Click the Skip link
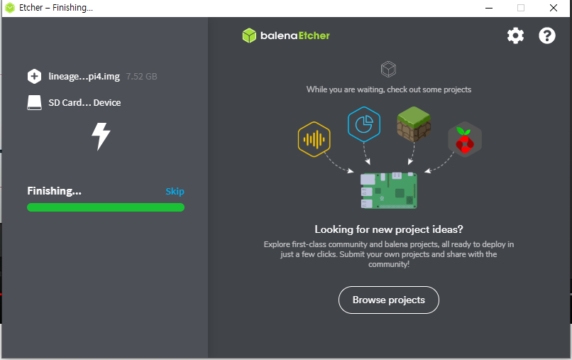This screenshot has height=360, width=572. click(175, 191)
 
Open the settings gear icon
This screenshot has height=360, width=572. click(515, 36)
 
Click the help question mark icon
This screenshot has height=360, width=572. click(547, 36)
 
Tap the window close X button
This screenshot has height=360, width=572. click(553, 8)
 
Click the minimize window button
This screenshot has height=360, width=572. click(489, 8)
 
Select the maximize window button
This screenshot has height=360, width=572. click(521, 8)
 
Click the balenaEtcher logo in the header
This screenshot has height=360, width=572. click(286, 36)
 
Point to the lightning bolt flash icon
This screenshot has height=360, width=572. click(101, 136)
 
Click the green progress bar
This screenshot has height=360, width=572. click(105, 207)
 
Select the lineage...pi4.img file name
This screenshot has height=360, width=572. click(84, 76)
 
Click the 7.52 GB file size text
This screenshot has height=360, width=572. click(141, 76)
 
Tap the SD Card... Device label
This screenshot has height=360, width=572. click(84, 103)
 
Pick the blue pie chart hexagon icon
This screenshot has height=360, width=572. click(364, 124)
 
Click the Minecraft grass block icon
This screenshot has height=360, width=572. click(414, 123)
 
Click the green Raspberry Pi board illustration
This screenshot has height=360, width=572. click(388, 190)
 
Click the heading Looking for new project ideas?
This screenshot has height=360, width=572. click(389, 229)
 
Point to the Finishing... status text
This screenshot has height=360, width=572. click(55, 191)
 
